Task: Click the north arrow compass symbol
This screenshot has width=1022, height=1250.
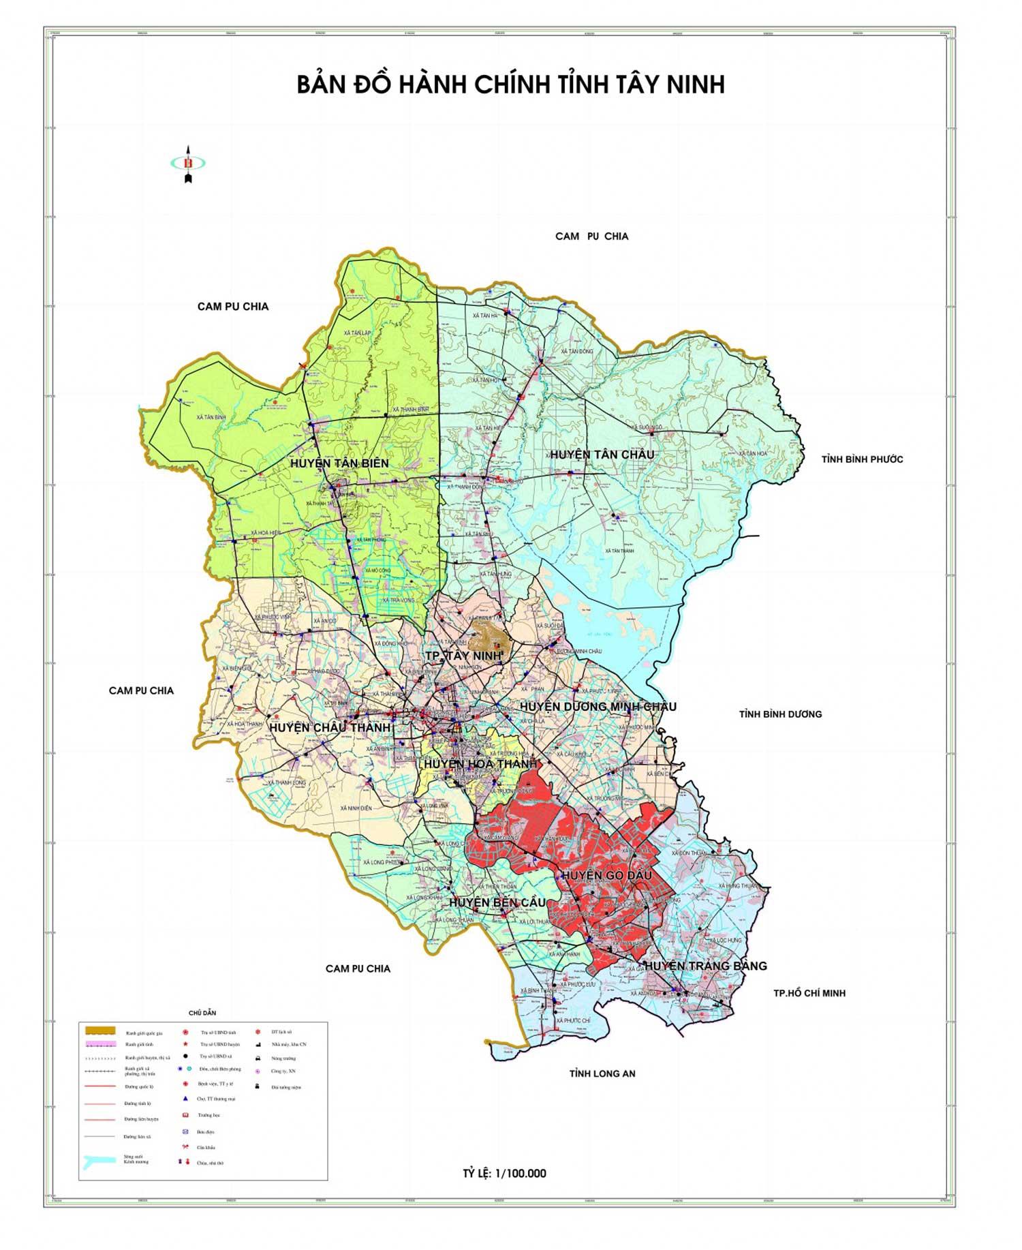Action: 188,164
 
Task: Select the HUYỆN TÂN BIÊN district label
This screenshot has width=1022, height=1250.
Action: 339,463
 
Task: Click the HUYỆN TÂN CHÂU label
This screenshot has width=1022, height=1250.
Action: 602,455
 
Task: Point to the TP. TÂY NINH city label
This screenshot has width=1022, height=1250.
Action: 463,656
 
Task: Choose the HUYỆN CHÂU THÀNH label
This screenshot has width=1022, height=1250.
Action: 330,728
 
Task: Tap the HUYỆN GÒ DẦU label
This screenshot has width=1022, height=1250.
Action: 606,875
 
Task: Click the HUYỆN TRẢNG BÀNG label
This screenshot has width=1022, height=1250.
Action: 706,966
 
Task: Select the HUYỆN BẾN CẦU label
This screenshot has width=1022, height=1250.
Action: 497,902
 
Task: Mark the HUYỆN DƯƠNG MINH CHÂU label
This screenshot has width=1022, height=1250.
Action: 598,707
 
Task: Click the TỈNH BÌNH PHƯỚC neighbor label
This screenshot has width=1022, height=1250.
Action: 862,459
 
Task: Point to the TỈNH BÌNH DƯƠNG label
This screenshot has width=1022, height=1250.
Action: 780,714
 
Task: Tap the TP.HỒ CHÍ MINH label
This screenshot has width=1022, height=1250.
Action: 809,993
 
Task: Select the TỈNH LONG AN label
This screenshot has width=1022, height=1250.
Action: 602,1073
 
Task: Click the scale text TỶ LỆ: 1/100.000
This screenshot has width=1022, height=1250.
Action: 504,1174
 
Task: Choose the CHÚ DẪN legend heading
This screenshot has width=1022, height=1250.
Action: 202,1013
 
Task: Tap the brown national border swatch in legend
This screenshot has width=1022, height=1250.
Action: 100,1031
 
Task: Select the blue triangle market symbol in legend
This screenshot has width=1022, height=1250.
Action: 185,1099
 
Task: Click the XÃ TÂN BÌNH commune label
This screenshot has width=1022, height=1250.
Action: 211,417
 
